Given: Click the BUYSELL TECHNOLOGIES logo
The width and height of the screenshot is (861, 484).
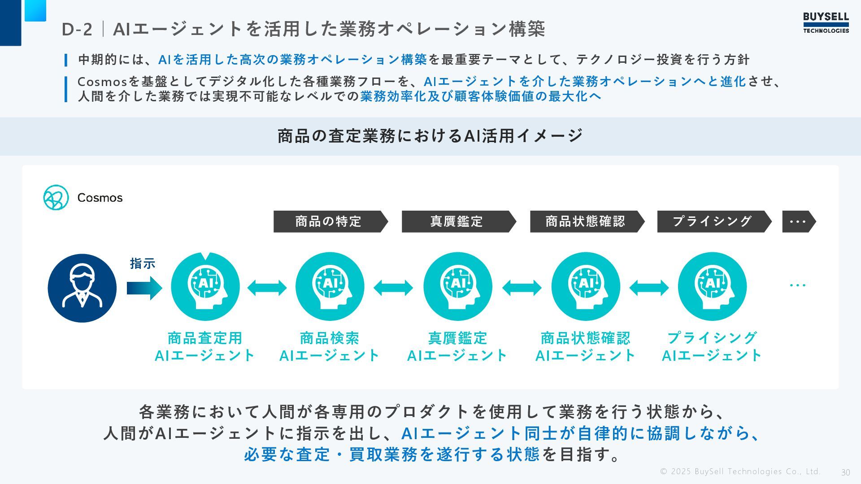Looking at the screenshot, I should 826,23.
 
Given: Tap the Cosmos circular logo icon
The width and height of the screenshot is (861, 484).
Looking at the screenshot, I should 56,198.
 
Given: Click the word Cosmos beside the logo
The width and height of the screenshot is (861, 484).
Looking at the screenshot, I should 100,198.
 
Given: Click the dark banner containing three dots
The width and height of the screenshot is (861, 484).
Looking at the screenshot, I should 798,221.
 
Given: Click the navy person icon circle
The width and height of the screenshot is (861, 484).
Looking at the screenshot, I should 82,288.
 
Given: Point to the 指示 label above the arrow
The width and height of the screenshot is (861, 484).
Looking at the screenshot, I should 143,264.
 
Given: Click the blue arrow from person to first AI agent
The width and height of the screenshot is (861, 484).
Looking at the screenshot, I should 144,288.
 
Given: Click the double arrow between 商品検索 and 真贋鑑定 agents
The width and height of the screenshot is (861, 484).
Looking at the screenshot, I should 393,288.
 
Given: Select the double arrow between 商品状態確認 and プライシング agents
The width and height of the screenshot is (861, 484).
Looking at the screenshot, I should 649,288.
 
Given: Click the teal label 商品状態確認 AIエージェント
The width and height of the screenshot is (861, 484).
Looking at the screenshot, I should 585,346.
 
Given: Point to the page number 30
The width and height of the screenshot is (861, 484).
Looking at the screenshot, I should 845,472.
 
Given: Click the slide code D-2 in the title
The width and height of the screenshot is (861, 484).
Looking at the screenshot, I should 77,30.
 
